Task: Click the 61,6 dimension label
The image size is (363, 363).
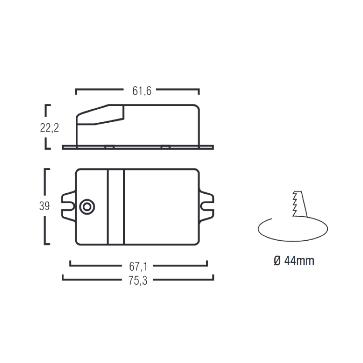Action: pyautogui.click(x=142, y=91)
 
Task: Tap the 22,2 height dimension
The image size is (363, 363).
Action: pyautogui.click(x=50, y=128)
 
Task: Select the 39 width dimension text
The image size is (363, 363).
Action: pyautogui.click(x=44, y=206)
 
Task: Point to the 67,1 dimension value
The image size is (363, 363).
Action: pyautogui.click(x=138, y=266)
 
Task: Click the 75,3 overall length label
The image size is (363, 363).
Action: pyautogui.click(x=138, y=281)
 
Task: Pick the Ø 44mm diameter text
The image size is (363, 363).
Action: pyautogui.click(x=294, y=261)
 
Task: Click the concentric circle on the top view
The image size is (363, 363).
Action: pyautogui.click(x=87, y=207)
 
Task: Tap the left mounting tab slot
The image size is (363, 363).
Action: pyautogui.click(x=69, y=206)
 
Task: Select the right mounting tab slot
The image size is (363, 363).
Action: pyautogui.click(x=207, y=206)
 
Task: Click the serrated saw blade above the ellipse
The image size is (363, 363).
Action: pyautogui.click(x=299, y=204)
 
